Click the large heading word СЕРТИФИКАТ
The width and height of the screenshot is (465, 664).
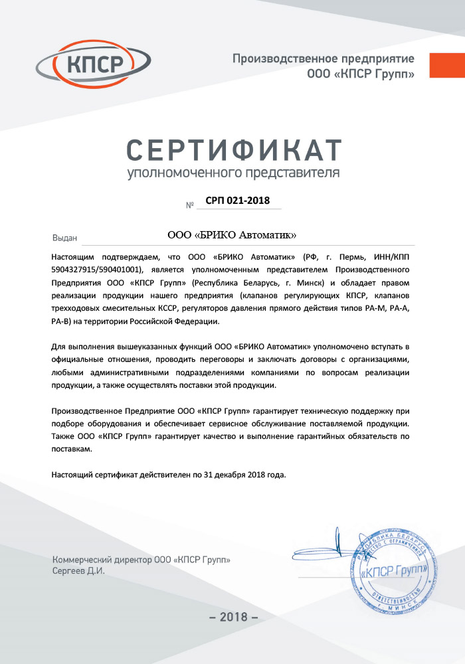pyautogui.click(x=233, y=150)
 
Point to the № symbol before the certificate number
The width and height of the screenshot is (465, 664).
pyautogui.click(x=189, y=205)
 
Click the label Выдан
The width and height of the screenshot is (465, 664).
pyautogui.click(x=65, y=238)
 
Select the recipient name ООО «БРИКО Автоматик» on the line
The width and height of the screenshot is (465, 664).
pyautogui.click(x=232, y=236)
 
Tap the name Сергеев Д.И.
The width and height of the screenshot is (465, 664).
pyautogui.click(x=78, y=570)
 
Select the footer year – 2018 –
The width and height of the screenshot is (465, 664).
pyautogui.click(x=232, y=617)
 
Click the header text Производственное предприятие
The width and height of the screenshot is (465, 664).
pyautogui.click(x=323, y=59)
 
